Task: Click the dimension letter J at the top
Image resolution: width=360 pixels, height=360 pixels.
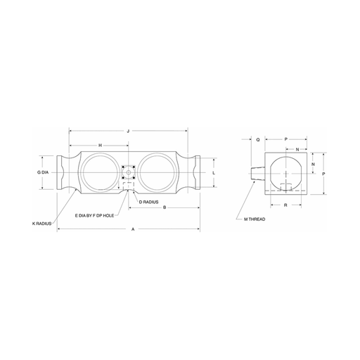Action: pos(128,131)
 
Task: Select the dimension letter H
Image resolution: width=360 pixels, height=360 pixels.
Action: pos(100,146)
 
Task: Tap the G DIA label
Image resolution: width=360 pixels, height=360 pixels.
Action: pos(43,172)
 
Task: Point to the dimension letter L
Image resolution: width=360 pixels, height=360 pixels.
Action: pos(214,173)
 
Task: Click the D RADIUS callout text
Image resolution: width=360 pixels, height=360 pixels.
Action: pos(148,202)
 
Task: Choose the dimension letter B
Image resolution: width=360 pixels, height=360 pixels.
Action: pos(165,207)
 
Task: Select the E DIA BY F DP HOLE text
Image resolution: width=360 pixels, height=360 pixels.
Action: pos(94,216)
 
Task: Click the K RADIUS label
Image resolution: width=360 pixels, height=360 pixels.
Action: pos(41,224)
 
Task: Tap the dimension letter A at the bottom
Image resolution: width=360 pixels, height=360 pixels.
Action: pos(133,229)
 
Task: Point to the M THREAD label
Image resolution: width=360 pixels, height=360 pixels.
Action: pos(255,219)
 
